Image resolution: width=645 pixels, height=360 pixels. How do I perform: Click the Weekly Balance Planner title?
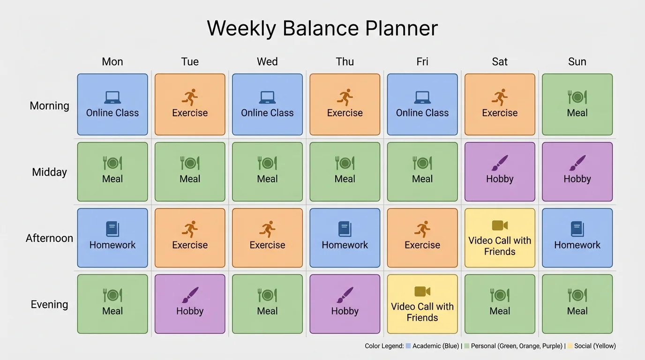click(322, 29)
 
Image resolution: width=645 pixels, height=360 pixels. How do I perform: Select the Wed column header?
click(267, 62)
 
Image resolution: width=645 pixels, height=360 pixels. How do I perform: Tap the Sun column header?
click(577, 62)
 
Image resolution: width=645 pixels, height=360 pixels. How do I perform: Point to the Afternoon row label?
click(49, 238)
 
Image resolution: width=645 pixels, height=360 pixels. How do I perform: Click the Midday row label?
click(49, 172)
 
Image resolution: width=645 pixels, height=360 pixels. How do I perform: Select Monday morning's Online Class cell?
click(112, 105)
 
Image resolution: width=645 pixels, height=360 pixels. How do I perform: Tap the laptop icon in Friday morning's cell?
click(422, 97)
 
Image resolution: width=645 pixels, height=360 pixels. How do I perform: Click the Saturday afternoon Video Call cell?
click(500, 238)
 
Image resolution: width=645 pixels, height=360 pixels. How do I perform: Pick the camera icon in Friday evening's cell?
click(422, 292)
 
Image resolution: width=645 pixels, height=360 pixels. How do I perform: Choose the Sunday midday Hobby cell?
click(577, 172)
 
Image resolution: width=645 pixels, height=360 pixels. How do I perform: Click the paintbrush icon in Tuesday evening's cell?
click(190, 295)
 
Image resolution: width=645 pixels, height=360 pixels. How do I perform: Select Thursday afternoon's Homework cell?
click(345, 238)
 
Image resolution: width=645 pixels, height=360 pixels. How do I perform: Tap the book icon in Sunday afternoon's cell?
click(577, 229)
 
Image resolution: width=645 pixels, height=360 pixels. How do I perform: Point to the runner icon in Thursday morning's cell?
click(345, 97)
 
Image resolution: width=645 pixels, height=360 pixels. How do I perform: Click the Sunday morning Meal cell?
click(577, 105)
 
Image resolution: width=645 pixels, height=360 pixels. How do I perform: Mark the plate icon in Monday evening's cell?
click(112, 295)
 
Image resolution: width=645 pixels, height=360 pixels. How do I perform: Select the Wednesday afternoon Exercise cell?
click(267, 238)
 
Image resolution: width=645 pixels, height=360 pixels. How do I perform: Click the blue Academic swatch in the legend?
click(408, 346)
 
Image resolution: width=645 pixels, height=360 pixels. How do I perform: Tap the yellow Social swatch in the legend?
click(570, 346)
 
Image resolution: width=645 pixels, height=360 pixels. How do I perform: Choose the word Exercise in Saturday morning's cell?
click(500, 113)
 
